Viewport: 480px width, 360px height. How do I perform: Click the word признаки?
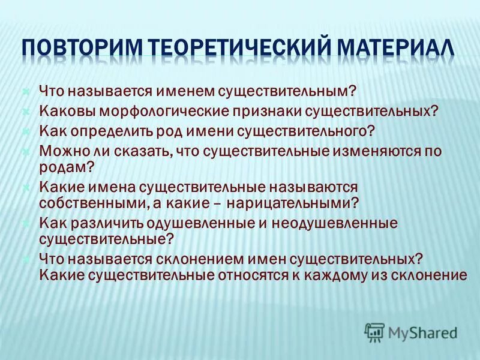(x=269, y=112)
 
